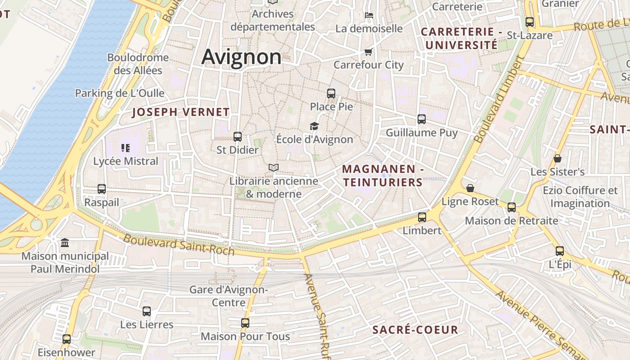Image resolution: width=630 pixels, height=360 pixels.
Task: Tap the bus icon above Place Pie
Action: tap(331, 94)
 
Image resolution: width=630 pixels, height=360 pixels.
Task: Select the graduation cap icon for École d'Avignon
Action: tap(314, 126)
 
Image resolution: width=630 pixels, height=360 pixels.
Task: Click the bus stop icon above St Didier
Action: tap(238, 137)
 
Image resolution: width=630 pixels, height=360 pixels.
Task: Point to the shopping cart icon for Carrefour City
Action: tap(369, 52)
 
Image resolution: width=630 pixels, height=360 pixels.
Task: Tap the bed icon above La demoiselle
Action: tap(369, 15)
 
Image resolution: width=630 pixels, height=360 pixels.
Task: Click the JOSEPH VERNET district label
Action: tap(181, 112)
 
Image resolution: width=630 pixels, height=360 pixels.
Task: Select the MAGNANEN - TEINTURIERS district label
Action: tap(383, 175)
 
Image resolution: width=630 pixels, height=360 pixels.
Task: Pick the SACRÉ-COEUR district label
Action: tap(415, 330)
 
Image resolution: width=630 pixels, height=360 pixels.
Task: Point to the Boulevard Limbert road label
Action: tap(499, 100)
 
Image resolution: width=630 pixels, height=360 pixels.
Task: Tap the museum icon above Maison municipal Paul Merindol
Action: tap(65, 243)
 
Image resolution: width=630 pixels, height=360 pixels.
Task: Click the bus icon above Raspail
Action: tap(102, 189)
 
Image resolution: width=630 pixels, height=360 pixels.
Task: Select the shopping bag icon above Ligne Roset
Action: tap(470, 188)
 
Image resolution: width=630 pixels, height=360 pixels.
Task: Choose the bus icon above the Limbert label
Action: tap(422, 217)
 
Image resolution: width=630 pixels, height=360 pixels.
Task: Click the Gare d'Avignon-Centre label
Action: tap(229, 296)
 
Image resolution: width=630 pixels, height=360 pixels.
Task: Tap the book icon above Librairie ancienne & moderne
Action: tap(274, 168)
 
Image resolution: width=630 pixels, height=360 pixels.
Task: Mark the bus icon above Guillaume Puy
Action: tap(422, 119)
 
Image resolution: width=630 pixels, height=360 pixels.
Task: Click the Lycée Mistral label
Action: tap(126, 161)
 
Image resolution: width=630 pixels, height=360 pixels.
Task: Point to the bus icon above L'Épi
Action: tap(560, 251)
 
